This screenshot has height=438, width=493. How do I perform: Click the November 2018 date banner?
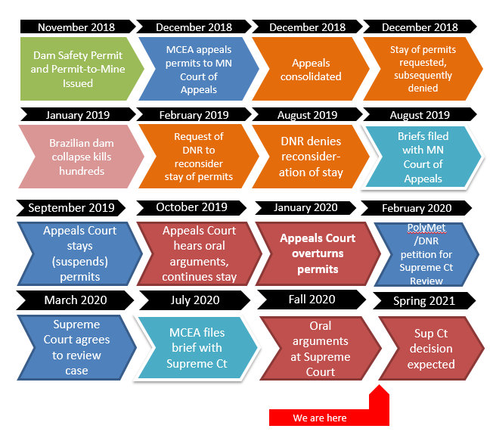pos(76,27)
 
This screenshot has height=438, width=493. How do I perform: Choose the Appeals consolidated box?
pos(310,69)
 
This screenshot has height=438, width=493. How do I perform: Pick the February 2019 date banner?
pos(192,116)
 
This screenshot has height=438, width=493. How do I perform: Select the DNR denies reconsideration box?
pos(310,157)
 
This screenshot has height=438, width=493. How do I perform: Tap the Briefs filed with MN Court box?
pos(423,157)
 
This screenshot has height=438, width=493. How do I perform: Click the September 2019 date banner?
pos(71,208)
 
